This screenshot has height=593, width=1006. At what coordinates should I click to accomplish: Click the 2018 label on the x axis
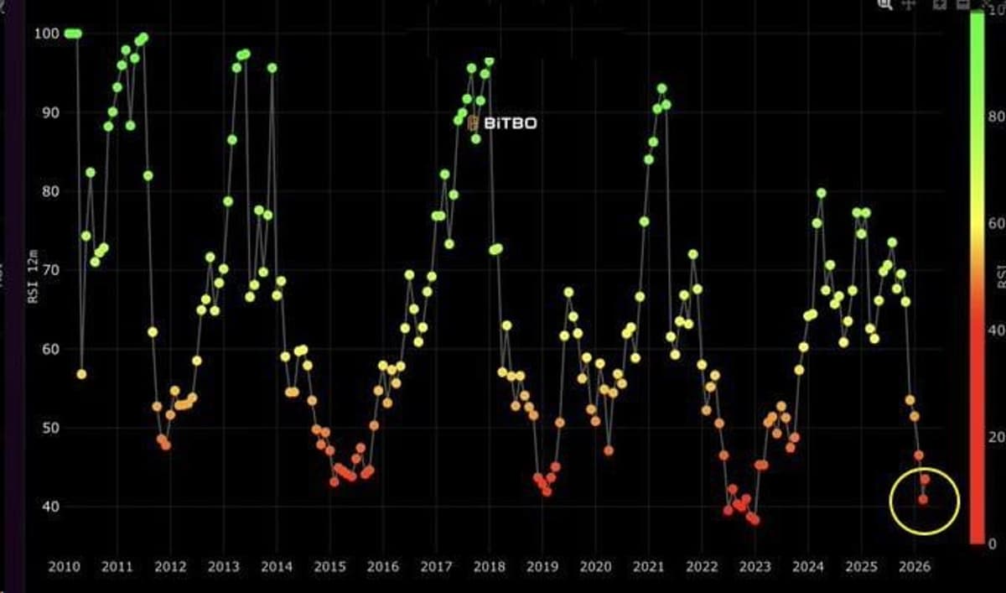[x=488, y=566]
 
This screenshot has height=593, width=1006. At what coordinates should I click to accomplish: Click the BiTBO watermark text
[x=510, y=123]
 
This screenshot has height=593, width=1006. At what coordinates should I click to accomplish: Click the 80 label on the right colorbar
[x=995, y=118]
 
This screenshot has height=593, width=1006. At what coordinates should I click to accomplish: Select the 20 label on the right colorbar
[x=995, y=437]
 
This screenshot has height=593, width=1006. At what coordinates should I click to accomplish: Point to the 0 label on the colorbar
[x=993, y=544]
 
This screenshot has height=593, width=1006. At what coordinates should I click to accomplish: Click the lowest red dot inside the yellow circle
[x=923, y=499]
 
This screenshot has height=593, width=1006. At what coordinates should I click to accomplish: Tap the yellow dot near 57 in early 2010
[x=81, y=374]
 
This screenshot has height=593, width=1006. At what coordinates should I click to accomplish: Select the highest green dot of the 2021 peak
[x=661, y=88]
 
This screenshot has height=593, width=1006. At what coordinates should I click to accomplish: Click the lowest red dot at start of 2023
[x=754, y=520]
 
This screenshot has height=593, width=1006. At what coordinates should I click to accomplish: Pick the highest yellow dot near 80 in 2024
[x=821, y=193]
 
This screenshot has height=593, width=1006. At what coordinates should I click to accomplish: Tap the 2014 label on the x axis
[x=276, y=566]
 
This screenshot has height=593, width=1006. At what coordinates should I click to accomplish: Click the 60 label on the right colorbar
[x=995, y=224]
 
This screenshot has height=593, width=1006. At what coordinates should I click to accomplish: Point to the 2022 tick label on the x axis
[x=701, y=566]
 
